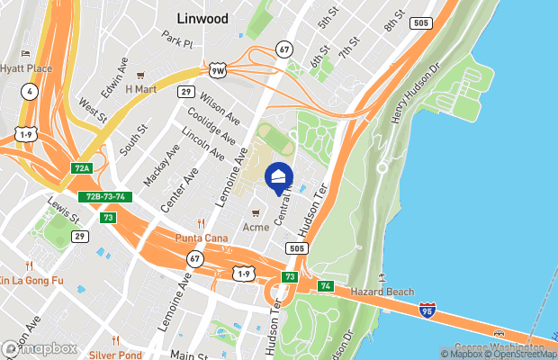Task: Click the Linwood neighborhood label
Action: [x=203, y=18]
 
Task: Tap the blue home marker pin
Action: [x=280, y=179]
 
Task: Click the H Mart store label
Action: [x=140, y=89]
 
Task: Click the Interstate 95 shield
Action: [x=427, y=310]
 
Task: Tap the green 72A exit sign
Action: [x=82, y=168]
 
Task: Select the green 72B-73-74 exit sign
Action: [x=106, y=197]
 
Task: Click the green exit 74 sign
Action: [x=326, y=286]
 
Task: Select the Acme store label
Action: [x=256, y=227]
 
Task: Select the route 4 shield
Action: [x=31, y=91]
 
